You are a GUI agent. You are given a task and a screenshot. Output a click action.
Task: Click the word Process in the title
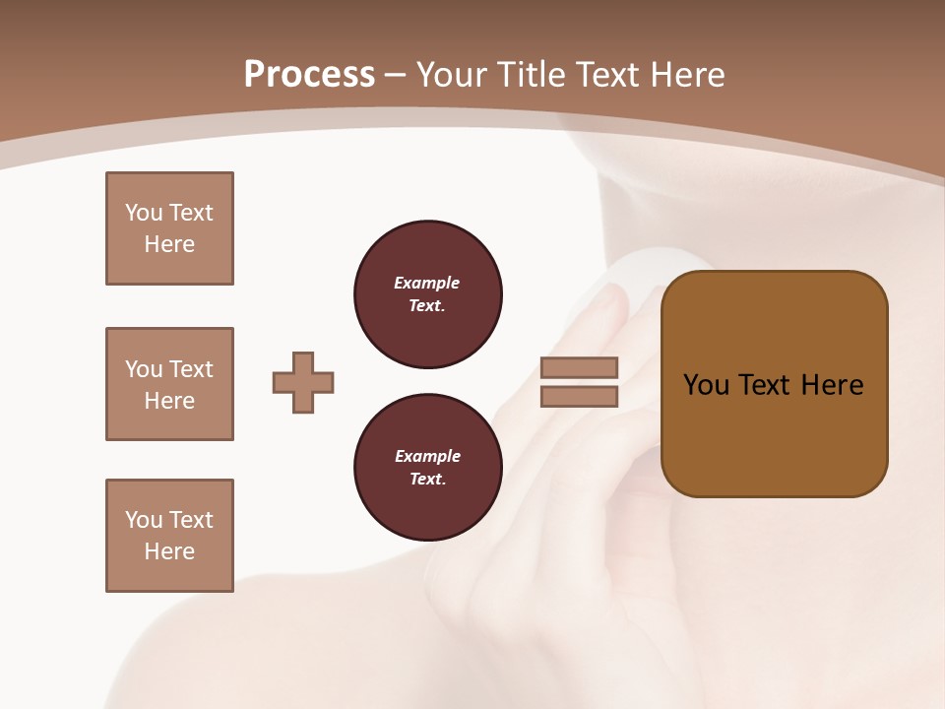[x=309, y=75]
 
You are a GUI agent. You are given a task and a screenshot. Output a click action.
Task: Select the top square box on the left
[x=169, y=228]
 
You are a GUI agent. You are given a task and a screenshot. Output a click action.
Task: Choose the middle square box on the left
[x=169, y=384]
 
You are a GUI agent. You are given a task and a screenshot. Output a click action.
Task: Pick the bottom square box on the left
[x=169, y=536]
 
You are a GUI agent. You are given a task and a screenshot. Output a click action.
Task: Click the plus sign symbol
[x=303, y=382]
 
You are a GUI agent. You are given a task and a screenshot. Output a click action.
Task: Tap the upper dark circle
[x=428, y=294]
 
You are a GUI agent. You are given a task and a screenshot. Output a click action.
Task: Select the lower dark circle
[x=428, y=468]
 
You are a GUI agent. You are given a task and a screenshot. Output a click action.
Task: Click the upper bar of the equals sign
[x=580, y=367]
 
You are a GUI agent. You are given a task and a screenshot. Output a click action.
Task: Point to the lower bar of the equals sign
[x=580, y=396]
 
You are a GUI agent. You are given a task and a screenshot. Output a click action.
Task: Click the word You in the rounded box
[x=707, y=385]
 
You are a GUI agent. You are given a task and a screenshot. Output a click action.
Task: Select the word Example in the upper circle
[x=427, y=283]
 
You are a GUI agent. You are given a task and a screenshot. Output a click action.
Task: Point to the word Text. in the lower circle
[x=427, y=480]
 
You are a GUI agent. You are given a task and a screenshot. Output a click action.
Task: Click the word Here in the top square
[x=169, y=244]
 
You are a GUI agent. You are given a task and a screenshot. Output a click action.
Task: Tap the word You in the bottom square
[x=144, y=520]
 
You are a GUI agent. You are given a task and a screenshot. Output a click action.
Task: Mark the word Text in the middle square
[x=191, y=369]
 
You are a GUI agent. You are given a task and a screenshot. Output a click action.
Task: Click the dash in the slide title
[x=396, y=75]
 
